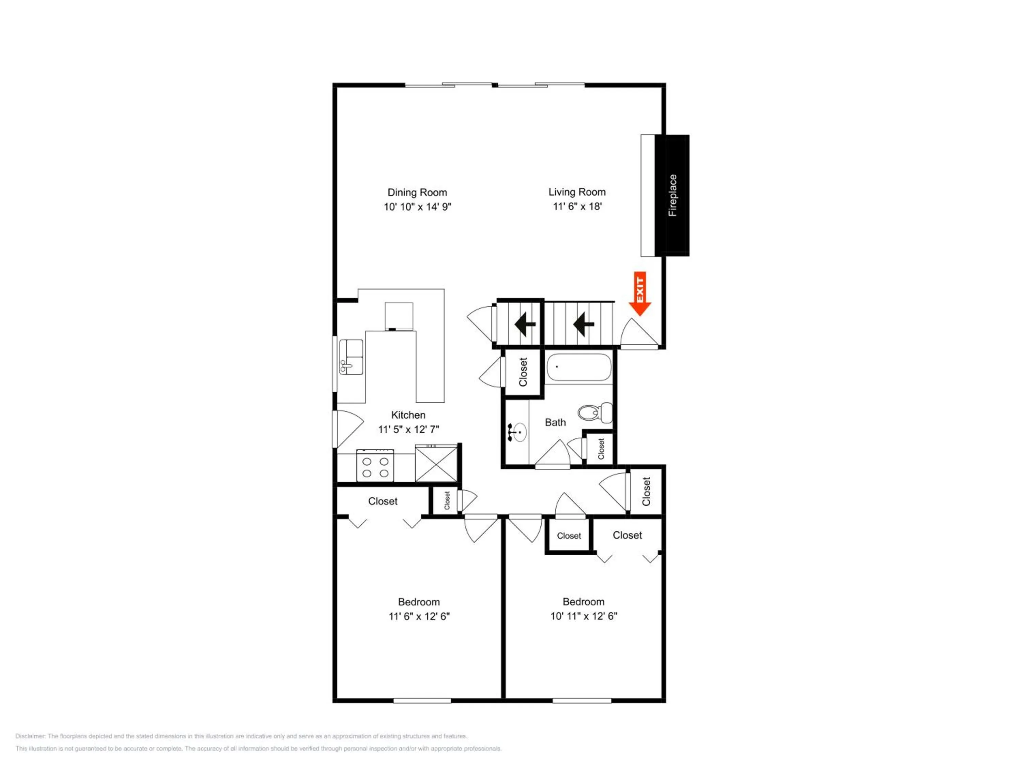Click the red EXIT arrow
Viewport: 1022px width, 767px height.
coord(640,294)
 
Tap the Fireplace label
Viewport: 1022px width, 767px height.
coord(673,195)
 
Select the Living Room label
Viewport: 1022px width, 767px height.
coord(577,192)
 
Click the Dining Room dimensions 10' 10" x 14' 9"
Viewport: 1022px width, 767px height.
coord(417,207)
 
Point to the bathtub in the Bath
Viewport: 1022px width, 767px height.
coord(579,367)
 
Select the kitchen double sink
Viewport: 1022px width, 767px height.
coord(351,357)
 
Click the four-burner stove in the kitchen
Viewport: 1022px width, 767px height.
coord(375,466)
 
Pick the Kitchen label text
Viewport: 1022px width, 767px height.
coord(408,415)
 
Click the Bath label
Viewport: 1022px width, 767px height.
coord(555,422)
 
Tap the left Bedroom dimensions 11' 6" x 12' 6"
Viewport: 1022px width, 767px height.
coord(419,616)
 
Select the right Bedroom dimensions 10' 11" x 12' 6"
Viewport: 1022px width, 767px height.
coord(584,616)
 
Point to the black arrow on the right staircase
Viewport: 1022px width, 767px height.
coord(584,324)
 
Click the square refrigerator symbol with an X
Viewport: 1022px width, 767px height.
coord(436,463)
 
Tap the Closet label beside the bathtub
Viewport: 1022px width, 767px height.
coord(523,372)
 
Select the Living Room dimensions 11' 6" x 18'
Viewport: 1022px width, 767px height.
coord(577,206)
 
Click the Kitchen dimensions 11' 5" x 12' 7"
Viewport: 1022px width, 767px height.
coord(408,430)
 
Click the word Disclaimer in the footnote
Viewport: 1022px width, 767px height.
coord(30,736)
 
